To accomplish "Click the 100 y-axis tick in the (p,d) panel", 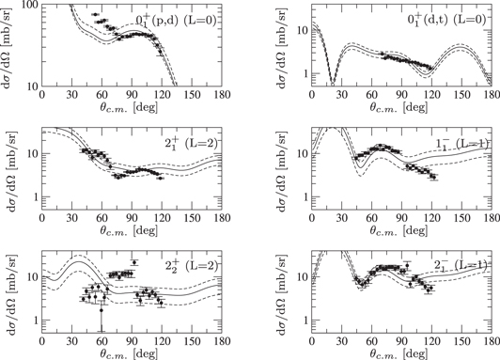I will [30, 6].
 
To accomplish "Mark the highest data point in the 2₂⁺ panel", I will [134, 262].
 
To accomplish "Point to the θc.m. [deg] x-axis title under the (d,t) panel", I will [377, 108].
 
